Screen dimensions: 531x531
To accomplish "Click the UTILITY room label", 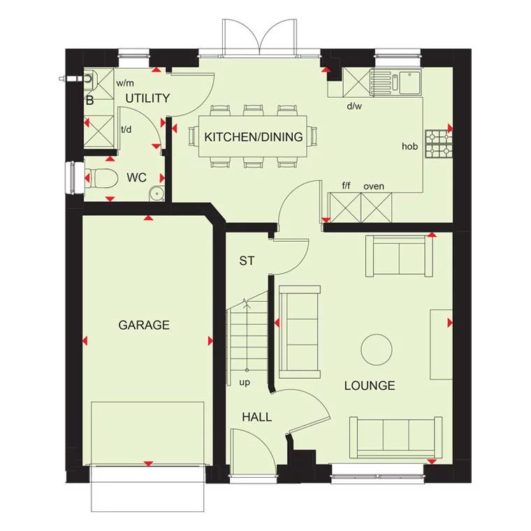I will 147,99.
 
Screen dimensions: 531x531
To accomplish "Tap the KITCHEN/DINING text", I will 254,137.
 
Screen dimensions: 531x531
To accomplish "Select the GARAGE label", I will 144,325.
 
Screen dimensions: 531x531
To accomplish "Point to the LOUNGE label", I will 370,386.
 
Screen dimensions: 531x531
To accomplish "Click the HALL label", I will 256,417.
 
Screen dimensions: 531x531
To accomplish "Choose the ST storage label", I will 247,261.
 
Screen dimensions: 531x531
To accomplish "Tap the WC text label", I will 136,177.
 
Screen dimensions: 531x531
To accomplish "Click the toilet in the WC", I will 101,178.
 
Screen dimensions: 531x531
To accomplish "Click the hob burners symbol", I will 439,143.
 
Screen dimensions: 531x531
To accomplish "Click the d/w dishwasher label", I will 354,106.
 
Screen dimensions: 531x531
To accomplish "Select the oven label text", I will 374,186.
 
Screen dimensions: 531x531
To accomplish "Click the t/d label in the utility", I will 126,129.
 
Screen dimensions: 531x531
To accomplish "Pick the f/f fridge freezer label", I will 347,186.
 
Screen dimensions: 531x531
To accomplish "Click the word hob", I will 409,147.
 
